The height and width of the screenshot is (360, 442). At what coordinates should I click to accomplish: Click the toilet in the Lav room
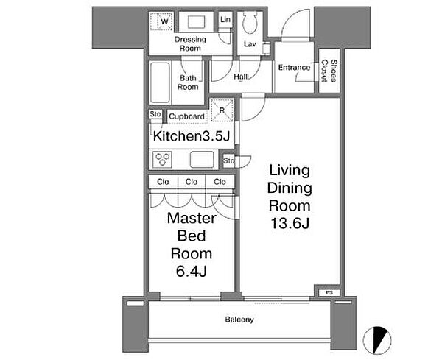tap(250, 21)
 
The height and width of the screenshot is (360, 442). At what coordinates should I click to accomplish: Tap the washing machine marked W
tap(161, 21)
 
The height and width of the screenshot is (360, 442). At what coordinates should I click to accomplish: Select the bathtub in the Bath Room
tap(161, 82)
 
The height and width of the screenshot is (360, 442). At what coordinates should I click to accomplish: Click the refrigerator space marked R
tap(222, 110)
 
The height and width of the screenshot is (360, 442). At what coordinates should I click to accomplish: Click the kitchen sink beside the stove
tap(202, 160)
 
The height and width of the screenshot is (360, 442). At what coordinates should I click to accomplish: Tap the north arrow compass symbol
tap(377, 340)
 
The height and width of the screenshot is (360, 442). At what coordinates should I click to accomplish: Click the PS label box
tap(329, 293)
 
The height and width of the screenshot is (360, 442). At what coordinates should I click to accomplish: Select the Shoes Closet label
tap(329, 71)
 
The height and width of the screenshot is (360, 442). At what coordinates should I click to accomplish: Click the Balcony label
tap(239, 320)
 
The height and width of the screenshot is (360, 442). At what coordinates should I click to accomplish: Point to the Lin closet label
tap(225, 19)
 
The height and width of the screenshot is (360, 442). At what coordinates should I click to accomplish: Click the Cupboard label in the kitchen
tap(186, 116)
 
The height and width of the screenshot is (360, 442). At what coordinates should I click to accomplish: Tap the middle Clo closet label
tap(192, 182)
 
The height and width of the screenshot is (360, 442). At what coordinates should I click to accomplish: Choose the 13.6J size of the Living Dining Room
tap(290, 223)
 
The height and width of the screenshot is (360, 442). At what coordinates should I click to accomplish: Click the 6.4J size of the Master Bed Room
tap(192, 271)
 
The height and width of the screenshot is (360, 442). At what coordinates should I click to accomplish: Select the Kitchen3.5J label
tap(192, 136)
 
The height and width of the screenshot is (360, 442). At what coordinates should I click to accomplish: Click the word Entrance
tap(294, 68)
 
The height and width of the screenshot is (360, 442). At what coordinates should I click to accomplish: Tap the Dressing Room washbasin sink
tap(196, 22)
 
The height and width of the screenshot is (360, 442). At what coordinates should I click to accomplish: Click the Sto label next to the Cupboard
tap(155, 114)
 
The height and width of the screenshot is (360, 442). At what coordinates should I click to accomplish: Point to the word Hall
tap(240, 77)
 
